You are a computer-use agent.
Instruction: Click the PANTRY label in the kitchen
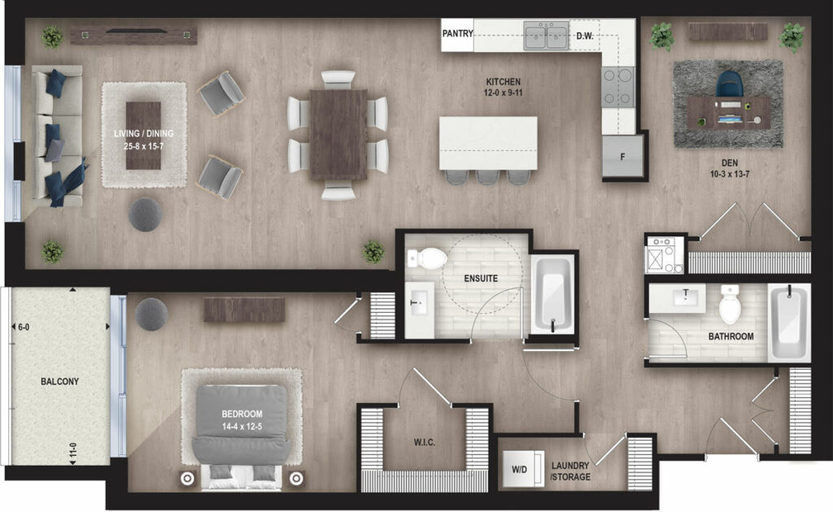click(457, 33)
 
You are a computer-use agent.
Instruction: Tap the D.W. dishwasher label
click(585, 36)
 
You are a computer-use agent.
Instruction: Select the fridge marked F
click(622, 156)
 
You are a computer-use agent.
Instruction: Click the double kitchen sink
click(546, 36)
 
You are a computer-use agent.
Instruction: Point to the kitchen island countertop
click(488, 143)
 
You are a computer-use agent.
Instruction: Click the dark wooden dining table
click(338, 135)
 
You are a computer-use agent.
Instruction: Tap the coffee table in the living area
click(143, 135)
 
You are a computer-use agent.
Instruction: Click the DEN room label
click(730, 163)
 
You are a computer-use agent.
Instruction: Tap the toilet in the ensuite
click(427, 258)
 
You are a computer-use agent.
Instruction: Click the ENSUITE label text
click(481, 278)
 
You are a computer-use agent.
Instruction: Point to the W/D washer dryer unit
click(523, 469)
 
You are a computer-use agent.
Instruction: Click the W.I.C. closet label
click(425, 442)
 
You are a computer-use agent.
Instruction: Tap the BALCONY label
click(59, 381)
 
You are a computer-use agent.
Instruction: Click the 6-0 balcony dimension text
click(24, 328)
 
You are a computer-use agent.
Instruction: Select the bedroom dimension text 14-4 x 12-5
click(242, 426)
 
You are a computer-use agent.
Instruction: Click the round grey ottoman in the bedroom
click(151, 314)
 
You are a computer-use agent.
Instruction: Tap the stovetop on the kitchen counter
click(618, 86)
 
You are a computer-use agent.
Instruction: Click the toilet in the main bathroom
click(730, 305)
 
